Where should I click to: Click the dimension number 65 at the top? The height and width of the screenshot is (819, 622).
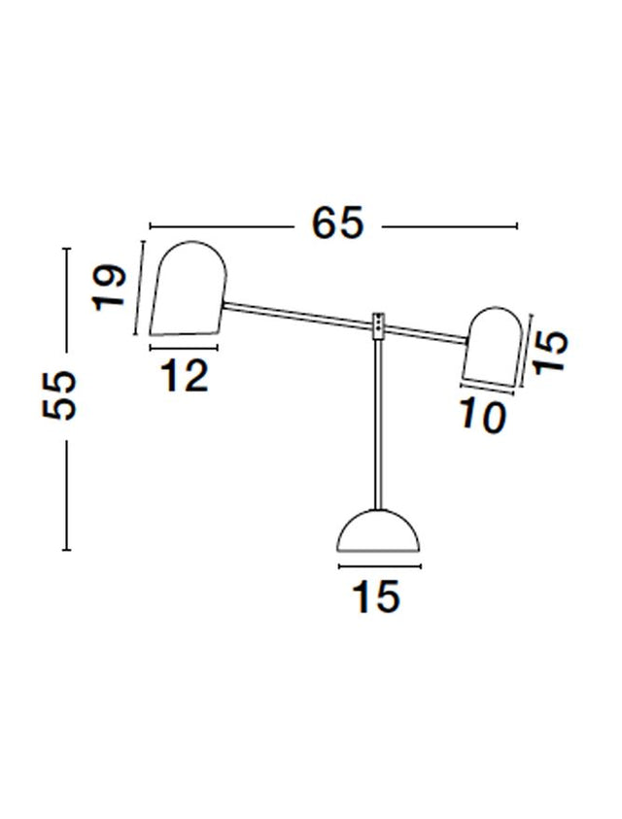click(337, 223)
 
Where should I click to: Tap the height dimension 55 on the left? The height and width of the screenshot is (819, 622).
click(59, 394)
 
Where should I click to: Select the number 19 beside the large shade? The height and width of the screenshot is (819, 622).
click(109, 288)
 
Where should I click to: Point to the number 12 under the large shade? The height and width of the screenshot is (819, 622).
click(185, 376)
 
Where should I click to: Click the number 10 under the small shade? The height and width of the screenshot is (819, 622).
click(483, 417)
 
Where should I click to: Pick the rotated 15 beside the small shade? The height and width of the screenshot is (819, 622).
click(549, 352)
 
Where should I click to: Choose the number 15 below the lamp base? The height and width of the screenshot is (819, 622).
click(376, 597)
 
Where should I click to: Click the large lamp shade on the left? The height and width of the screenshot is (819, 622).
click(189, 288)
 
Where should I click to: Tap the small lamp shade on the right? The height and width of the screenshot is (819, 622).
click(492, 347)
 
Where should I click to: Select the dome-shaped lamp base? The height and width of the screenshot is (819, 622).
click(378, 530)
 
